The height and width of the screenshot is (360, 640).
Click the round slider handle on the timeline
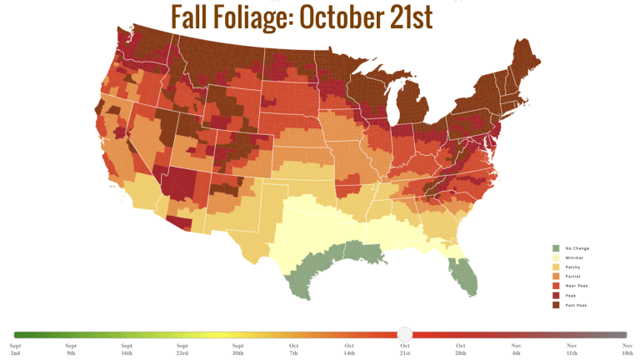(x=404, y=333)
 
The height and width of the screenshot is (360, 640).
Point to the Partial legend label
(x=572, y=275)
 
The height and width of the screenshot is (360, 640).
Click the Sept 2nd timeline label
(x=16, y=349)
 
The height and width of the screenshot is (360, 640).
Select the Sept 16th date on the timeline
(x=127, y=349)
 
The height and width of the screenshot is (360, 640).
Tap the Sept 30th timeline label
(x=237, y=349)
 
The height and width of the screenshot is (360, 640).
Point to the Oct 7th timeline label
(x=293, y=349)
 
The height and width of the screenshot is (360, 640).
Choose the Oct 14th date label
(x=349, y=349)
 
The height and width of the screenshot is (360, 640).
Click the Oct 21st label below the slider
(x=405, y=349)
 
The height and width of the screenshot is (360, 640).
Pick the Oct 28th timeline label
(x=460, y=349)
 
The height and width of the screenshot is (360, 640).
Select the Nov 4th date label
(x=516, y=349)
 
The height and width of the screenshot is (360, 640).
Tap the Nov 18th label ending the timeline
(x=627, y=349)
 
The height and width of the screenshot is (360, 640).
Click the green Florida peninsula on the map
(x=465, y=277)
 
